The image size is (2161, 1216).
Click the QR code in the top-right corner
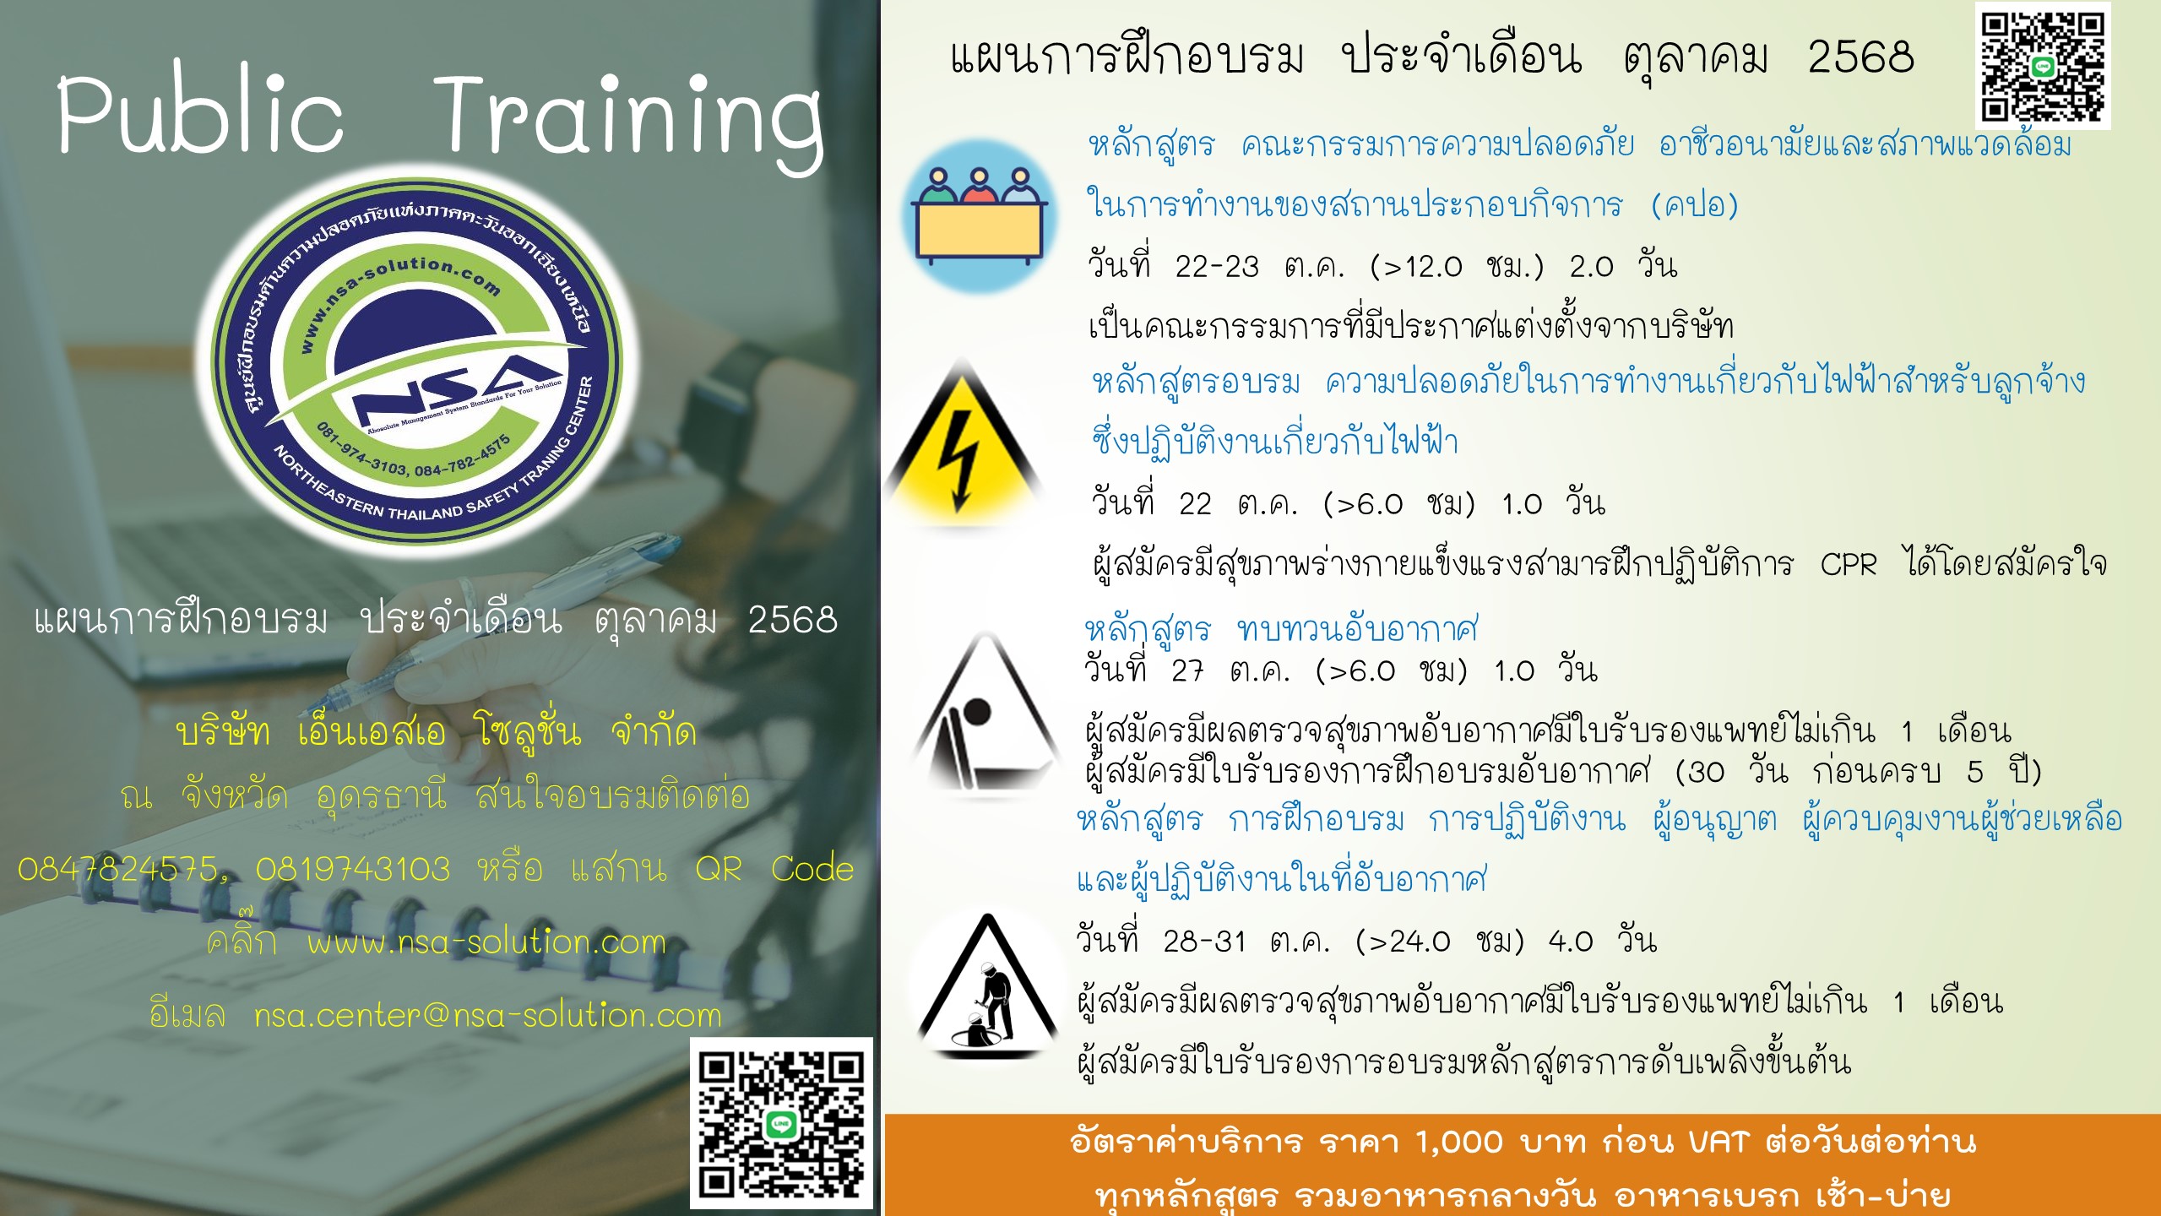2043,67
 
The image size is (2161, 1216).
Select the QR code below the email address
781,1123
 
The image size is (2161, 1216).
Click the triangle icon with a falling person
985,714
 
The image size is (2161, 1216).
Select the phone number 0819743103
353,869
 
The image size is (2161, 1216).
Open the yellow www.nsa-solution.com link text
486,942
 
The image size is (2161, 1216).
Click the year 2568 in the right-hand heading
1861,57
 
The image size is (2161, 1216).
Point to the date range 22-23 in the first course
1217,267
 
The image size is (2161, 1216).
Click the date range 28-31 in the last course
1204,942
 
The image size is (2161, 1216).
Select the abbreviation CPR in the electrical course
1848,564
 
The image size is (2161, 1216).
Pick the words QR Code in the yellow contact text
774,869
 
